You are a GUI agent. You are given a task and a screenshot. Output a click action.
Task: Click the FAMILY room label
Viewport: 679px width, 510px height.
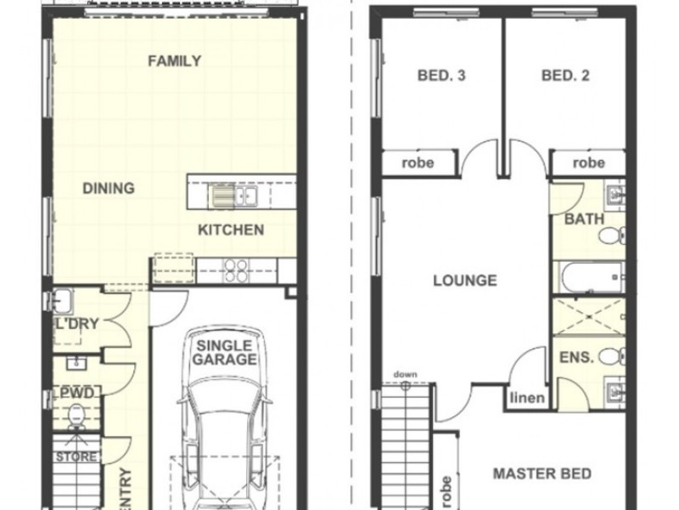(x=175, y=60)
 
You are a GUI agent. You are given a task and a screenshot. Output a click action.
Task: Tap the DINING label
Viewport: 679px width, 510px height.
(x=109, y=188)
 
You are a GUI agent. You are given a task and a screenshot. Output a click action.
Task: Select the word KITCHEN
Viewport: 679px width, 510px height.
(x=231, y=229)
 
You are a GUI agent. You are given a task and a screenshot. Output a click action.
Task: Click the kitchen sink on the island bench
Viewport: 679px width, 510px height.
(x=234, y=195)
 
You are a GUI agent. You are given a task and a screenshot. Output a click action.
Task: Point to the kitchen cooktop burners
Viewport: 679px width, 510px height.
(x=236, y=270)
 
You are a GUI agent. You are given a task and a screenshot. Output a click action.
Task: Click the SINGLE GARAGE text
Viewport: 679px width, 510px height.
(x=224, y=353)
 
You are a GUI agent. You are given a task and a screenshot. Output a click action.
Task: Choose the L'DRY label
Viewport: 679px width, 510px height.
(x=76, y=324)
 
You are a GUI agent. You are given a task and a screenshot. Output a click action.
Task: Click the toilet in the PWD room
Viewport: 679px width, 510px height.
(x=76, y=416)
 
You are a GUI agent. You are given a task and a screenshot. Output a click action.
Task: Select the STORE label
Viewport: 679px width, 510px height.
(x=76, y=456)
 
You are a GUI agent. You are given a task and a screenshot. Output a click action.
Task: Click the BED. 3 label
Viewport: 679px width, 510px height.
(x=441, y=76)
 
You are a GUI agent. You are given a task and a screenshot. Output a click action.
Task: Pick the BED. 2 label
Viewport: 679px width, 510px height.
(x=565, y=76)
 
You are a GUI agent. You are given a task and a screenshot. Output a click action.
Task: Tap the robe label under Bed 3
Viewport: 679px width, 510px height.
(x=418, y=163)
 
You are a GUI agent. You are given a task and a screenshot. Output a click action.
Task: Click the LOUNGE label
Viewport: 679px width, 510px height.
(x=465, y=280)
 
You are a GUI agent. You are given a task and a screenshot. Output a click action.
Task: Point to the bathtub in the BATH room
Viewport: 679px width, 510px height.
(x=589, y=277)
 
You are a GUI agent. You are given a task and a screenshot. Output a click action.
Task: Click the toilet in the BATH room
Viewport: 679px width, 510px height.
(x=612, y=235)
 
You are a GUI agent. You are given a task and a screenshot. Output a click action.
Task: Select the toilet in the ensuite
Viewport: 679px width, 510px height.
(x=612, y=356)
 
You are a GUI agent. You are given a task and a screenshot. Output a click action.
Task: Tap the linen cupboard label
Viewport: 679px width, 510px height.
(x=527, y=398)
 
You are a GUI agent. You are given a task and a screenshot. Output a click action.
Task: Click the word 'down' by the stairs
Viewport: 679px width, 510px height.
(x=406, y=374)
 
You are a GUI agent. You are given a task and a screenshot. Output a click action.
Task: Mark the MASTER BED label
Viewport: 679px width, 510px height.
(x=542, y=473)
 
